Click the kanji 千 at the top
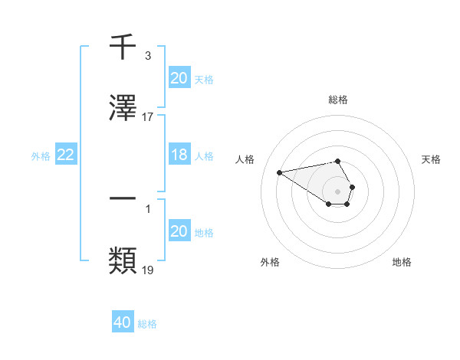(123, 47)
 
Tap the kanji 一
(123, 198)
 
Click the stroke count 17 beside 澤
(148, 117)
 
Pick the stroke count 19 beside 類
(148, 270)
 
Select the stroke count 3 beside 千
(148, 56)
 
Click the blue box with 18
(179, 155)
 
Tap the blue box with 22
(66, 155)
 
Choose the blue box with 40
(123, 322)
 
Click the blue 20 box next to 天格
(179, 77)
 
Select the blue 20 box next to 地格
(179, 231)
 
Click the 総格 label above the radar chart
(338, 100)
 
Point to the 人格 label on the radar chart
(245, 159)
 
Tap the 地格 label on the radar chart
(402, 262)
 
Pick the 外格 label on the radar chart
(270, 262)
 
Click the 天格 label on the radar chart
(432, 159)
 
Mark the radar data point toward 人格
(279, 172)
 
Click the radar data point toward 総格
(338, 161)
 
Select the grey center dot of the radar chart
(338, 190)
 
